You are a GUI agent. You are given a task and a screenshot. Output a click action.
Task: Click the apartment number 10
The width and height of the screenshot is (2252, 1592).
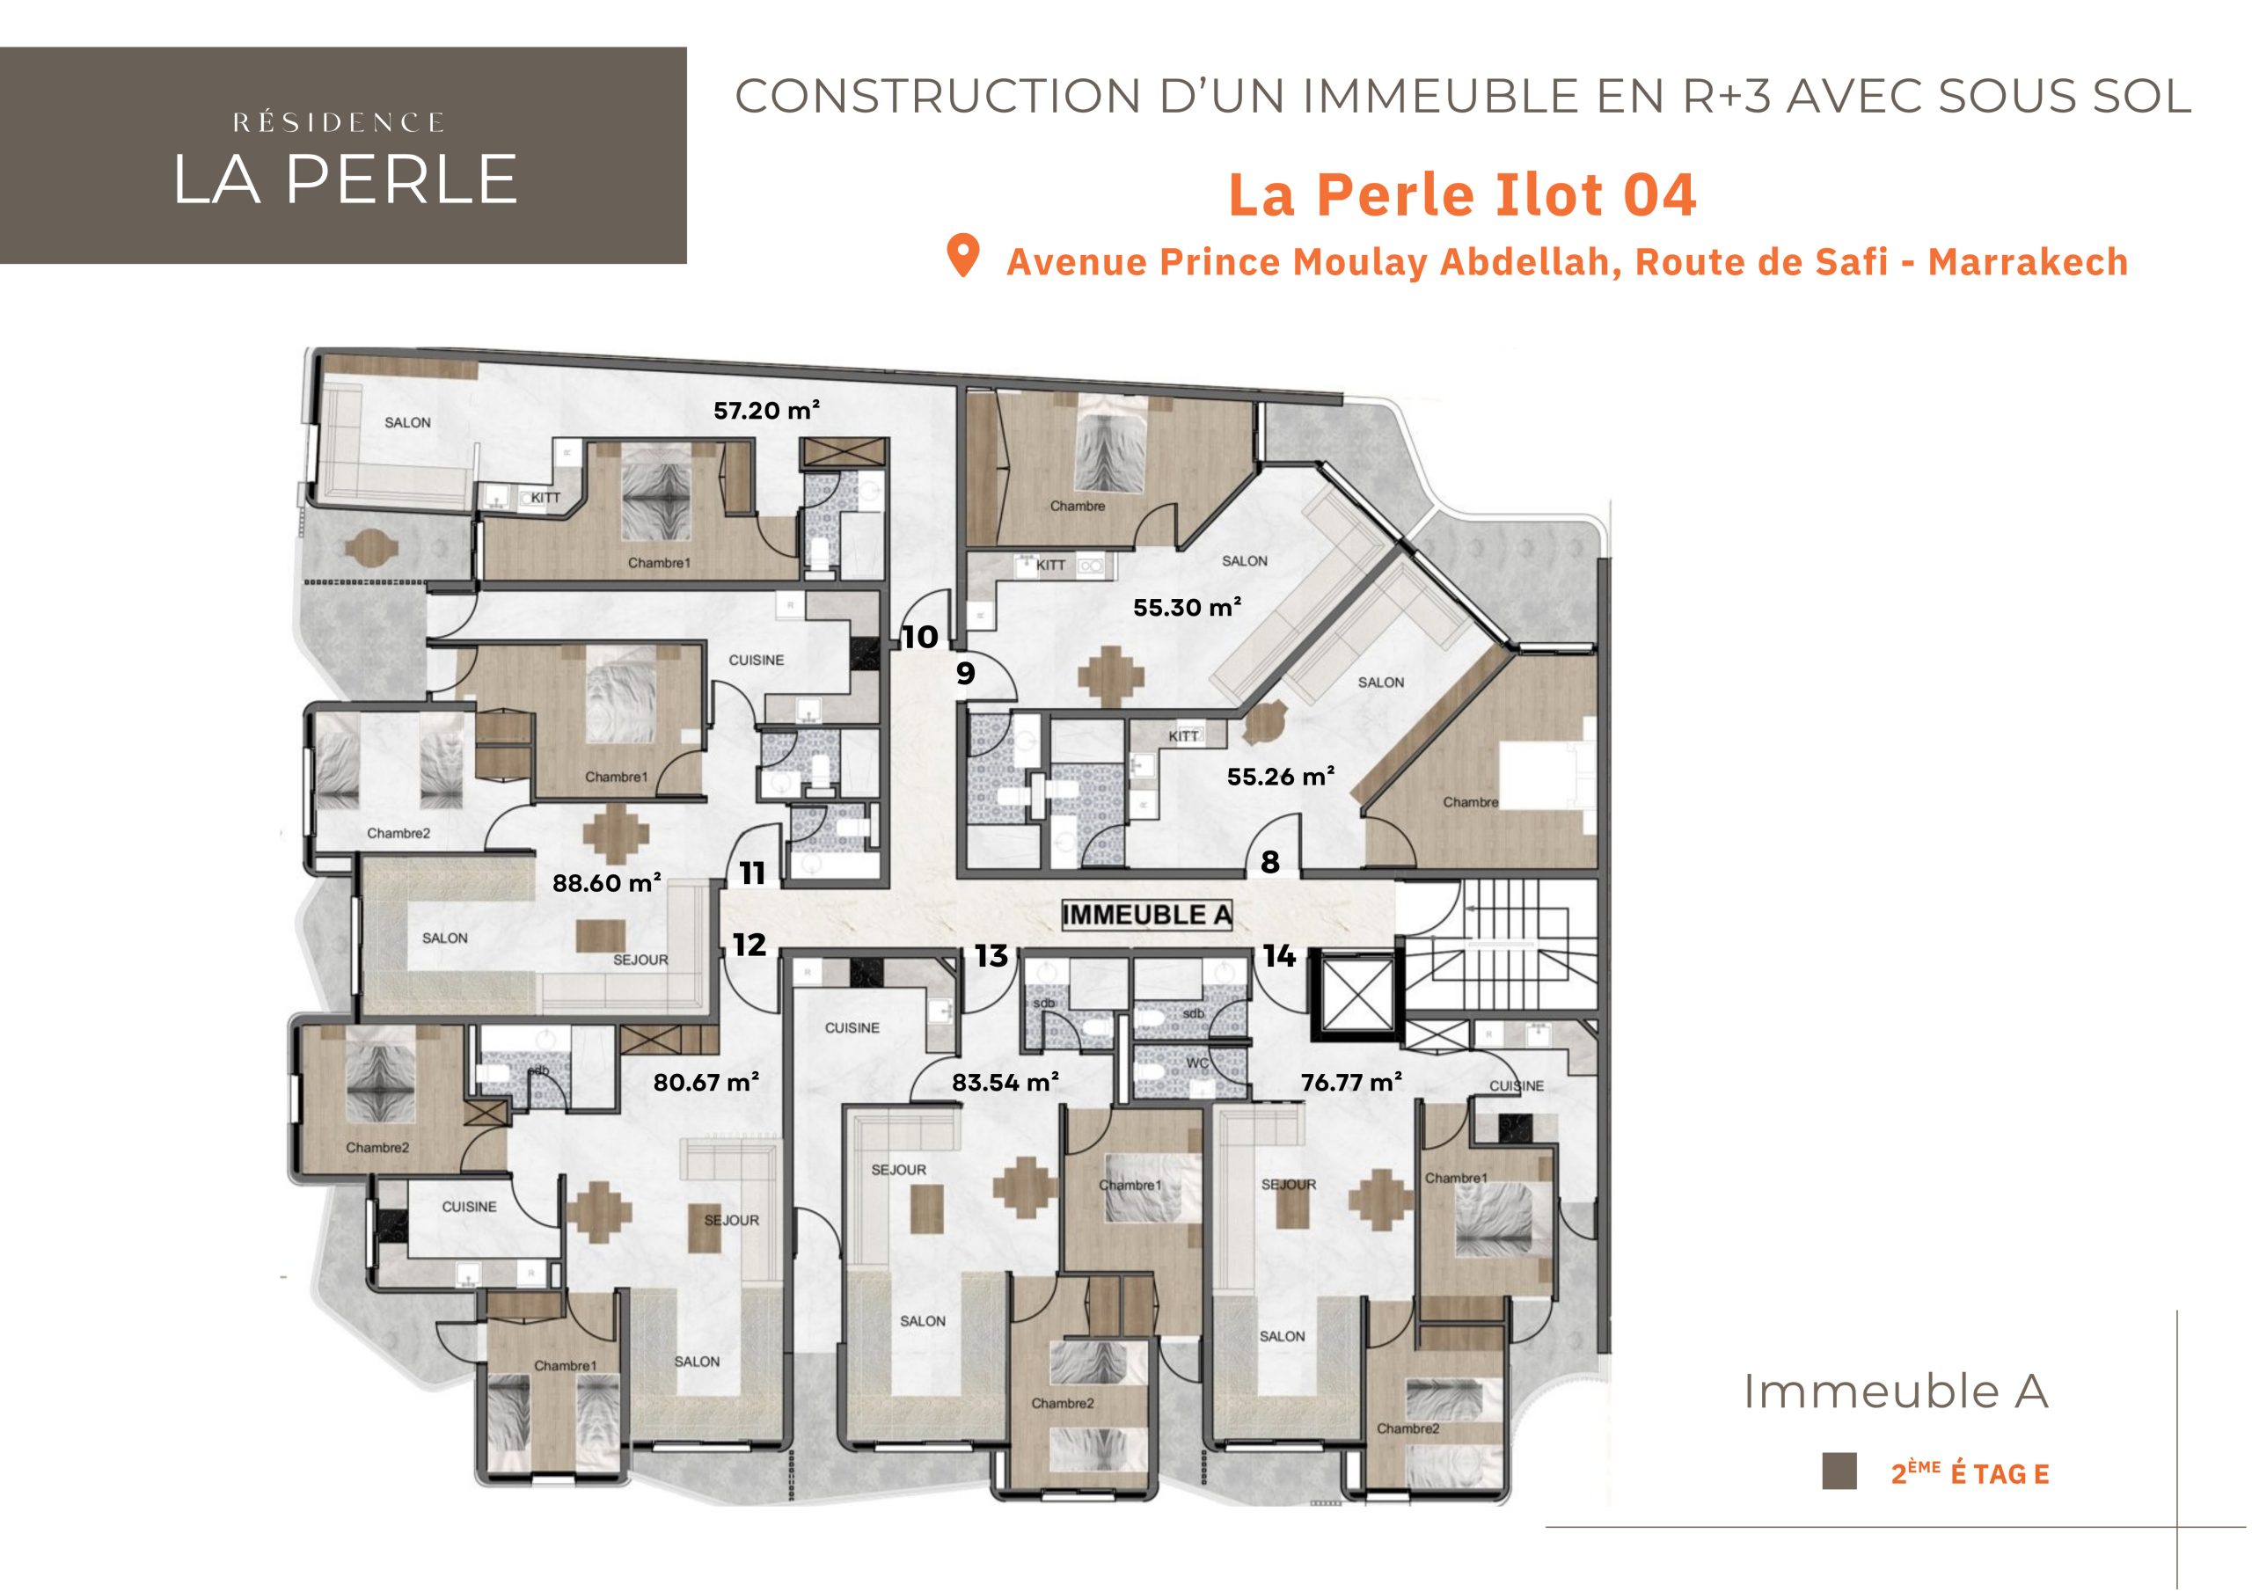click(x=920, y=638)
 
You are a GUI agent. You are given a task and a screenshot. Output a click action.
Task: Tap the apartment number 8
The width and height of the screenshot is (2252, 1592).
click(x=1270, y=862)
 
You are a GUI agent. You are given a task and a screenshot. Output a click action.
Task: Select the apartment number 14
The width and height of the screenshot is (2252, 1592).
click(x=1279, y=956)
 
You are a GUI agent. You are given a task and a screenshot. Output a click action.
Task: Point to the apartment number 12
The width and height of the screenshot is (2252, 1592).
click(x=749, y=945)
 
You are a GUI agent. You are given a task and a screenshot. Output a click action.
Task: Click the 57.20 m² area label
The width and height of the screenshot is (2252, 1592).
click(x=767, y=410)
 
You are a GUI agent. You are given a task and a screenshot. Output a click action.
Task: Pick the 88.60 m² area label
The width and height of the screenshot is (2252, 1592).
click(x=606, y=883)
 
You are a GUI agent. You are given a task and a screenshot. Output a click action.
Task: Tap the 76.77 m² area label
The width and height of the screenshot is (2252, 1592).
click(x=1351, y=1083)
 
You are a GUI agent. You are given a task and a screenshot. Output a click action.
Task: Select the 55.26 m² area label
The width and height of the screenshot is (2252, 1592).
click(x=1281, y=777)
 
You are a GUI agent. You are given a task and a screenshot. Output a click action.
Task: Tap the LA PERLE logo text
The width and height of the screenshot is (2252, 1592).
click(x=344, y=179)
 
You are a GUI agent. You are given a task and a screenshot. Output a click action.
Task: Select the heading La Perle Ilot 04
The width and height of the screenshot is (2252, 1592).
click(x=1462, y=194)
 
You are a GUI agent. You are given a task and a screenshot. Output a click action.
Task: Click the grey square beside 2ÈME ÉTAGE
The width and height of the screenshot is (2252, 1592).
click(x=1839, y=1500)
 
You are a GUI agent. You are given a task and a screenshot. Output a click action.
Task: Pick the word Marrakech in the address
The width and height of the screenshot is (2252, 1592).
click(x=2029, y=262)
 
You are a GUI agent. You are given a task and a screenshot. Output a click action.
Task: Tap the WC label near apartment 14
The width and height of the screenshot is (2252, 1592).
click(x=1196, y=1063)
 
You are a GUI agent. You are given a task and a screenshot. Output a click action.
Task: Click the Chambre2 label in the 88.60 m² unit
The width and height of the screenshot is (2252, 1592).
click(x=398, y=834)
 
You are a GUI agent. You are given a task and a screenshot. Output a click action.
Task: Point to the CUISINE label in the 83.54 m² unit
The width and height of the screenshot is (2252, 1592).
click(x=852, y=1028)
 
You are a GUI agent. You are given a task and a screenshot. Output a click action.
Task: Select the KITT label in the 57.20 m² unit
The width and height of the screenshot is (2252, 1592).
click(x=546, y=499)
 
